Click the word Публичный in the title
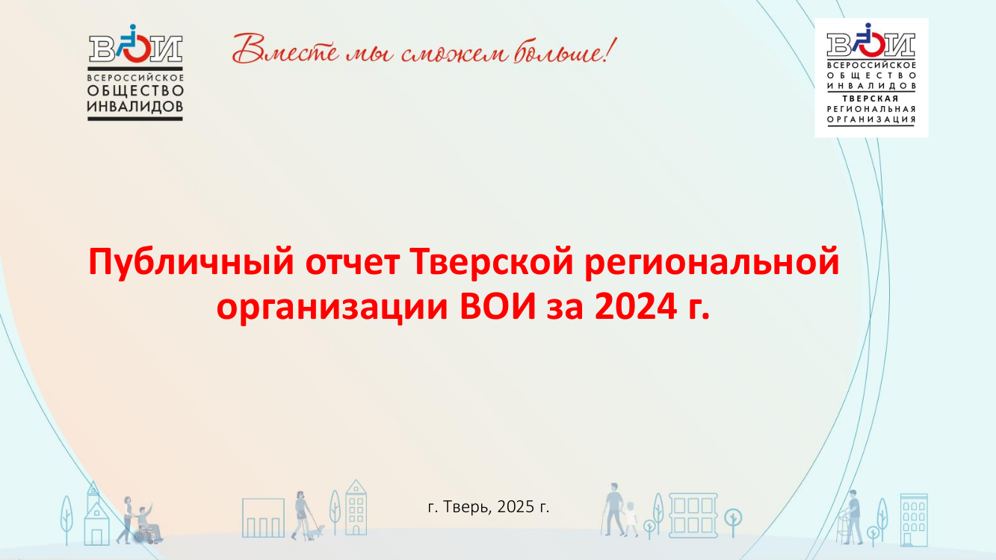(x=191, y=263)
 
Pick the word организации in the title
(x=332, y=308)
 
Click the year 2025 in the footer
(x=516, y=506)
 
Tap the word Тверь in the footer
(x=468, y=506)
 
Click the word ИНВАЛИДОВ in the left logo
(x=135, y=107)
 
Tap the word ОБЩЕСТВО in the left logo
(x=135, y=90)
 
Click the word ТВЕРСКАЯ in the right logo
(x=870, y=99)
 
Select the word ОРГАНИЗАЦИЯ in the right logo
(x=871, y=119)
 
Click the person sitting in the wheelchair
(x=148, y=523)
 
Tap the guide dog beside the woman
(x=317, y=532)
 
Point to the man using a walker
(x=853, y=517)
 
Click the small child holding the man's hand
(x=631, y=519)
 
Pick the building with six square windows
(x=693, y=515)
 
